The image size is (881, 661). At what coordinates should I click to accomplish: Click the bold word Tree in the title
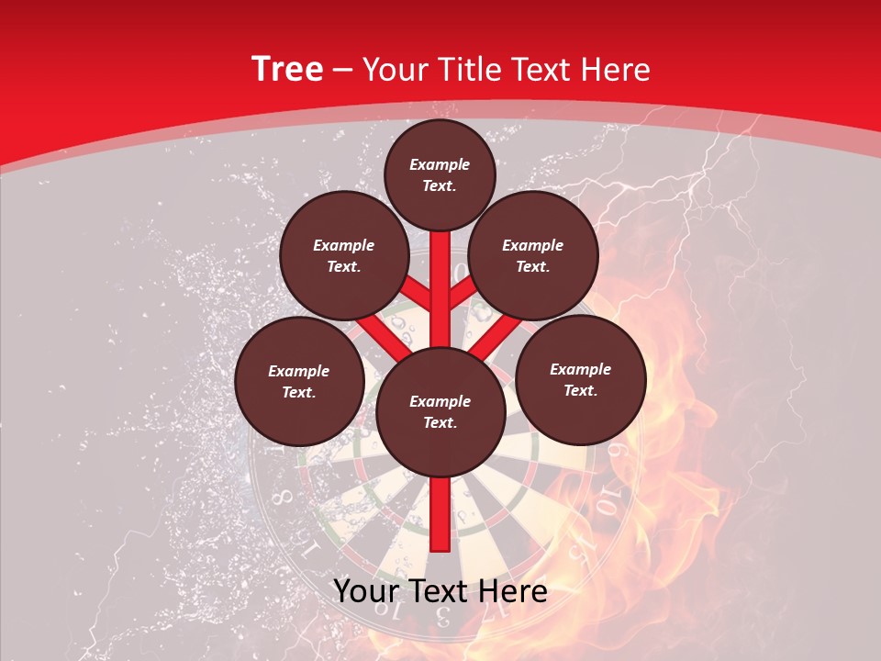coord(287,70)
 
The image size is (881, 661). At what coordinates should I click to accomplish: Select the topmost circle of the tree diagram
coord(440,174)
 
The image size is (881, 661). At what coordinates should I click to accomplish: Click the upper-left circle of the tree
coord(344,256)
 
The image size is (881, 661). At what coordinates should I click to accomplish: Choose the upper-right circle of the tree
coord(533,256)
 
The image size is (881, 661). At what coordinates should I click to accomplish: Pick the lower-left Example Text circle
coord(299,382)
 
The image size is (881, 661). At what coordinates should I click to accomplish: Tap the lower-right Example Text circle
coord(581,380)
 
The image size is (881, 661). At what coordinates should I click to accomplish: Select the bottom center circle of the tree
coord(440,412)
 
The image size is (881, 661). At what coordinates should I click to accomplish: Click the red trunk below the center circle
coord(440,514)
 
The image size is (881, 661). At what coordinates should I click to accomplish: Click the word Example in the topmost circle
coord(440,164)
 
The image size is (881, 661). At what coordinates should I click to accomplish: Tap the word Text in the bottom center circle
coord(440,423)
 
